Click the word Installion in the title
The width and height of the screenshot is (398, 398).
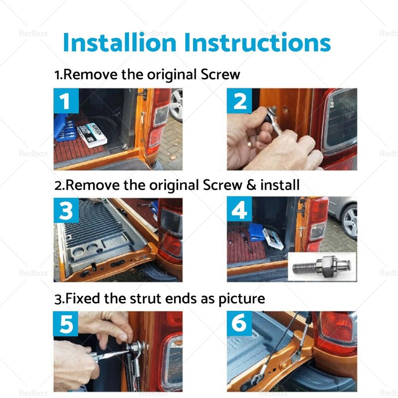pyautogui.click(x=119, y=42)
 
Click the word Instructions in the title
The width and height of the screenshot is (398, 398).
pyautogui.click(x=258, y=42)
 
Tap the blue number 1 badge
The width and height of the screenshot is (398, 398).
pyautogui.click(x=66, y=101)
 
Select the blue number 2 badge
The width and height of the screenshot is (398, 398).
pyautogui.click(x=239, y=101)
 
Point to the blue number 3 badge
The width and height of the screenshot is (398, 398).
pyautogui.click(x=66, y=210)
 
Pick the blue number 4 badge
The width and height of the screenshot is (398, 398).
pyautogui.click(x=239, y=209)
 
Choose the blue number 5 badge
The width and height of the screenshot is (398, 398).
pyautogui.click(x=66, y=324)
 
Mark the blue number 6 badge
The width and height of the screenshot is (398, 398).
pyautogui.click(x=239, y=323)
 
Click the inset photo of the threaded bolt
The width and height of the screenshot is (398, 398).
pyautogui.click(x=322, y=267)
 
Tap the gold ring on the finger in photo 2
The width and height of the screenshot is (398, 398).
pyautogui.click(x=250, y=144)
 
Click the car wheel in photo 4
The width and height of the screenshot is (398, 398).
pyautogui.click(x=349, y=221)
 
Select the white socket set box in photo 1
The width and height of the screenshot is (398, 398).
pyautogui.click(x=92, y=134)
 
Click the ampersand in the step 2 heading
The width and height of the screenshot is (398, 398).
pyautogui.click(x=251, y=185)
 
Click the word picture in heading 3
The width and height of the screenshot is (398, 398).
pyautogui.click(x=242, y=299)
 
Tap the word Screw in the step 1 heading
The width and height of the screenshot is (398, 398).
pyautogui.click(x=220, y=75)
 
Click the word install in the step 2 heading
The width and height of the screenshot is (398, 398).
pyautogui.click(x=280, y=185)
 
